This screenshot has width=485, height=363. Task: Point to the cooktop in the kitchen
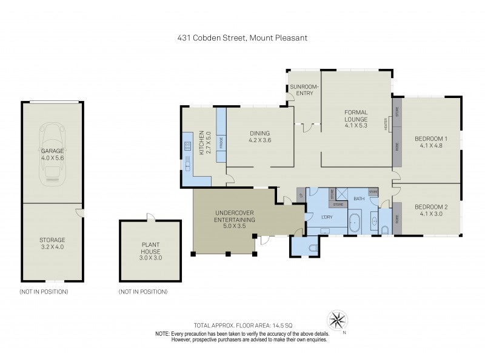(186, 147)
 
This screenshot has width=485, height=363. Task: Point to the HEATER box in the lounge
(386, 124)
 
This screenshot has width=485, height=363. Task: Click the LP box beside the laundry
(301, 195)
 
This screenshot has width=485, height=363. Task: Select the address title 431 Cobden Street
(242, 38)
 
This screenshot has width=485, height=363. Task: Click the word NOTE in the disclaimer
(162, 334)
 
